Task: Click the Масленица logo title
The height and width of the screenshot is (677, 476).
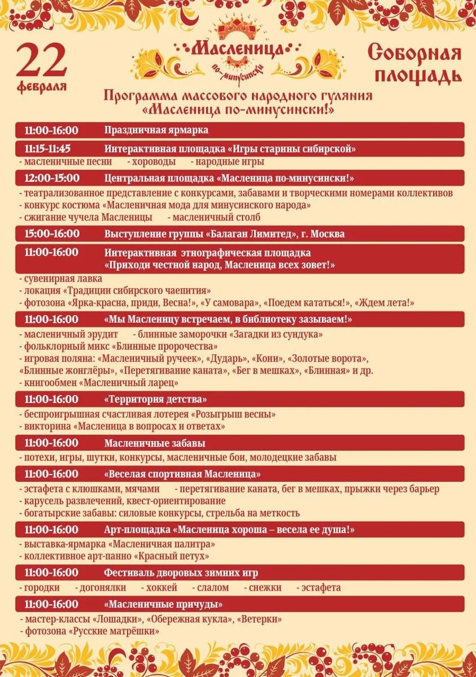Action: (x=237, y=49)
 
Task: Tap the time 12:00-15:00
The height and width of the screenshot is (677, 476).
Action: (x=51, y=178)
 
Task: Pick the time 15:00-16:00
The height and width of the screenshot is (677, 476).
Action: (x=51, y=234)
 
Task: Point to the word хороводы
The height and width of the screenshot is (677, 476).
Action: (x=151, y=162)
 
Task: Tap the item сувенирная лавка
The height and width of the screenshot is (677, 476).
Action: (x=63, y=279)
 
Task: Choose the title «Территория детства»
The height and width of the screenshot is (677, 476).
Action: (x=156, y=399)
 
